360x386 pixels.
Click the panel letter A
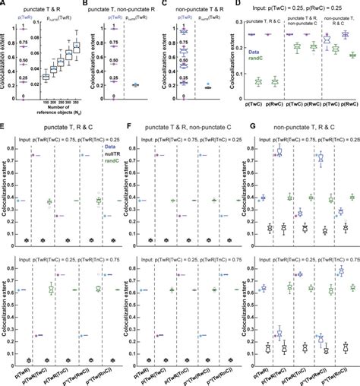coord(4,5)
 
